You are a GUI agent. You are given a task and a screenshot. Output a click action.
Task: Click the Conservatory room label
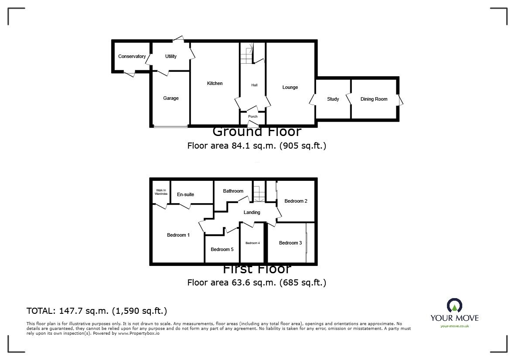[132, 56]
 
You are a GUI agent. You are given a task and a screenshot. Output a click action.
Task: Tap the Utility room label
[171, 56]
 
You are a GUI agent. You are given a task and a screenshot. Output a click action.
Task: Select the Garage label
[171, 98]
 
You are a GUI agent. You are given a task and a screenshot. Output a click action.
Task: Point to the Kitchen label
[215, 83]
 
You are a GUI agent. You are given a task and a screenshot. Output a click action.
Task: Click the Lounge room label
[290, 87]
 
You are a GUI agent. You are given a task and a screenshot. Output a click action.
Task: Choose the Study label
[333, 99]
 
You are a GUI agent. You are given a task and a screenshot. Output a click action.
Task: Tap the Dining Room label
[374, 99]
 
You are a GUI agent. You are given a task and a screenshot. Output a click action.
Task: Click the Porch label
[252, 116]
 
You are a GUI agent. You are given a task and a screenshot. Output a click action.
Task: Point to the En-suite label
[185, 194]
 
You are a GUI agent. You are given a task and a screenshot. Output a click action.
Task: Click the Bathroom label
[233, 191]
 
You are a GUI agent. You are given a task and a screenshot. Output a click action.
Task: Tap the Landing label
[252, 212]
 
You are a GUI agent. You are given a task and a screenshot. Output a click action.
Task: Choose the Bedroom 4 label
[252, 243]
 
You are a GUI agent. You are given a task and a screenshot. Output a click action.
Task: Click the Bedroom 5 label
[222, 249]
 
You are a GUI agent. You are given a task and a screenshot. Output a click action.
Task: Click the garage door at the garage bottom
[171, 127]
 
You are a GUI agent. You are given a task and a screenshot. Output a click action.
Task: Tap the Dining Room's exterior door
[400, 99]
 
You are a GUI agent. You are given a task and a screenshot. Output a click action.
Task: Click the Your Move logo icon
[454, 306]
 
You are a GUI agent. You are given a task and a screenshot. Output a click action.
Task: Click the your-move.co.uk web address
[454, 326]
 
